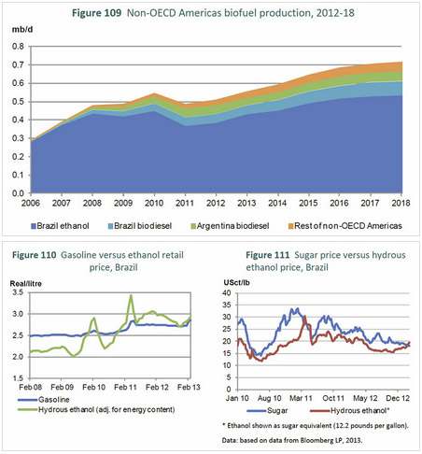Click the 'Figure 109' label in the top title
[96, 13]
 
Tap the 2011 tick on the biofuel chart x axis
[185, 203]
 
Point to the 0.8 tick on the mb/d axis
[18, 47]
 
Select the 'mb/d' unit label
[22, 30]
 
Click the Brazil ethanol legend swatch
[34, 226]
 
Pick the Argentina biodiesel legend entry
[230, 226]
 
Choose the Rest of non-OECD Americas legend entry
[345, 226]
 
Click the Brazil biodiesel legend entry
[140, 226]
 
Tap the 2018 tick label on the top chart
[401, 203]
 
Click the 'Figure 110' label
[35, 255]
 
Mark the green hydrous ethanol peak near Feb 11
[131, 295]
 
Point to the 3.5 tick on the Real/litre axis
[18, 292]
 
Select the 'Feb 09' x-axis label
[63, 387]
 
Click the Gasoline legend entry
[44, 400]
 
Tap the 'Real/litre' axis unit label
[26, 284]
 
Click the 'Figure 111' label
[268, 255]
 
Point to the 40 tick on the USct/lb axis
[227, 293]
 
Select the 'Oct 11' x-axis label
[333, 398]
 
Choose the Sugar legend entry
[268, 411]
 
